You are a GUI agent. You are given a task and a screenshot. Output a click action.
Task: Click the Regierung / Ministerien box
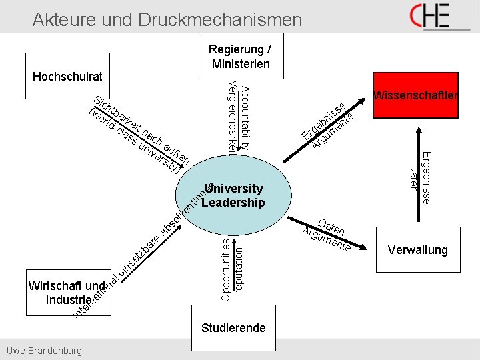tap(240, 56)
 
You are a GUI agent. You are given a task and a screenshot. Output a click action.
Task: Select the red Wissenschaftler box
tap(415, 95)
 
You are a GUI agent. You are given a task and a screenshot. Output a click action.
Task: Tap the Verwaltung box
tap(417, 250)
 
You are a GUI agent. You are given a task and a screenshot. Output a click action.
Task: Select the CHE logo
tap(439, 17)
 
